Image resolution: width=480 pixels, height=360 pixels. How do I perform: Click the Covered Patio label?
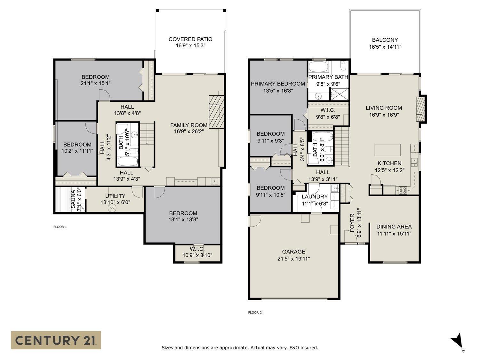pyautogui.click(x=190, y=39)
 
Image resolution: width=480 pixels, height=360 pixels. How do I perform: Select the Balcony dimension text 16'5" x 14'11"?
pyautogui.click(x=385, y=47)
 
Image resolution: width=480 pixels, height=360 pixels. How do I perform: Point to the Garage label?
pyautogui.click(x=293, y=252)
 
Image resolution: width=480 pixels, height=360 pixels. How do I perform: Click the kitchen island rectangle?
pyautogui.click(x=388, y=150)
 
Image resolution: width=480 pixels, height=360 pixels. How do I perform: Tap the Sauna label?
pyautogui.click(x=73, y=199)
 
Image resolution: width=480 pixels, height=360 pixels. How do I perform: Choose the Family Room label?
pyautogui.click(x=189, y=125)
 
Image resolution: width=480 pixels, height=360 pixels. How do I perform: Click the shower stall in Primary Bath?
pyautogui.click(x=339, y=94)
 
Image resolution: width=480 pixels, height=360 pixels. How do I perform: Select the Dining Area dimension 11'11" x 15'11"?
pyautogui.click(x=394, y=234)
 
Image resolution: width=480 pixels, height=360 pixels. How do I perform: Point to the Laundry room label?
pyautogui.click(x=315, y=197)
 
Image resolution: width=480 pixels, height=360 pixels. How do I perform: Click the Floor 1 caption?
pyautogui.click(x=60, y=227)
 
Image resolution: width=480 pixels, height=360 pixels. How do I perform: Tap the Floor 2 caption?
pyautogui.click(x=255, y=313)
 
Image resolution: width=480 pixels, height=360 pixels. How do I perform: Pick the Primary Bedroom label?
pyautogui.click(x=278, y=84)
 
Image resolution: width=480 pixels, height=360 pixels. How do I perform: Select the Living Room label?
pyautogui.click(x=384, y=108)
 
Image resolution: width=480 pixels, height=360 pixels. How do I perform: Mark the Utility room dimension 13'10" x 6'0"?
pyautogui.click(x=115, y=203)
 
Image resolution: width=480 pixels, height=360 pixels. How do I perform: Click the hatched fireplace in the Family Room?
pyautogui.click(x=217, y=112)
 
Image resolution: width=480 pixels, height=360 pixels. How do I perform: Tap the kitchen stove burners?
pyautogui.click(x=403, y=190)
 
